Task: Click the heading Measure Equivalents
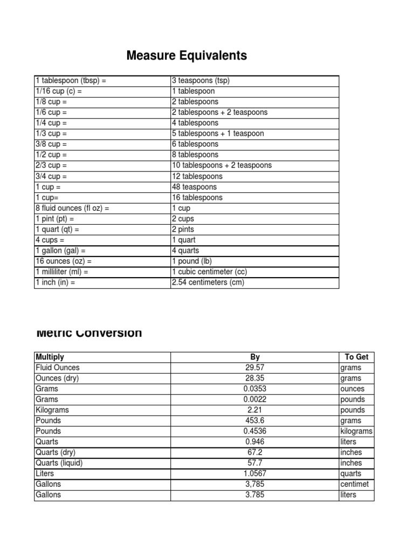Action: click(187, 56)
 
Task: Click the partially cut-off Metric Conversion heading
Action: click(89, 333)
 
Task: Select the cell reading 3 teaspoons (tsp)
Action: click(201, 81)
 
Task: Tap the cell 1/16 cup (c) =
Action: click(59, 92)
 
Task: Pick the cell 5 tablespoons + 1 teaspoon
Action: click(218, 134)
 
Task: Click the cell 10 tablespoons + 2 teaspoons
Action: click(222, 165)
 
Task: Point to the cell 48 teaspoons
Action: click(194, 187)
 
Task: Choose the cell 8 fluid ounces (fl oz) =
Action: click(72, 208)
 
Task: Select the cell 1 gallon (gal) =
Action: click(60, 251)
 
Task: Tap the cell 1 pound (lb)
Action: click(192, 261)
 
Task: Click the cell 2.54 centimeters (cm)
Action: click(208, 282)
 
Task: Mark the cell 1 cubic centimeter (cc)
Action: click(209, 272)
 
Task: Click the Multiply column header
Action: click(50, 357)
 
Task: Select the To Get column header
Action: click(356, 357)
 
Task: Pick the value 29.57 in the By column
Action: click(255, 368)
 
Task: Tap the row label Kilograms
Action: click(52, 410)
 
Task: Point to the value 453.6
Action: click(255, 420)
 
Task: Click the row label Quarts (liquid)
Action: click(59, 463)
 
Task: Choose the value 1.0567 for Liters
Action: click(255, 473)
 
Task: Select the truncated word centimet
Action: click(355, 484)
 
